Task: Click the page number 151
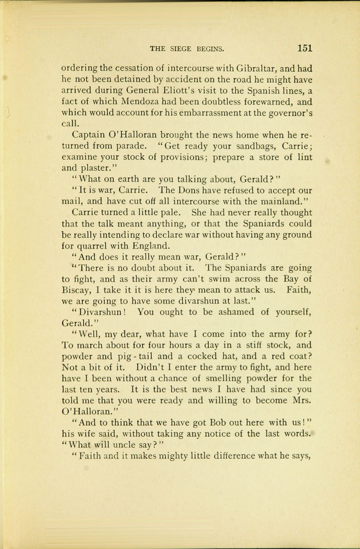pyautogui.click(x=305, y=48)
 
